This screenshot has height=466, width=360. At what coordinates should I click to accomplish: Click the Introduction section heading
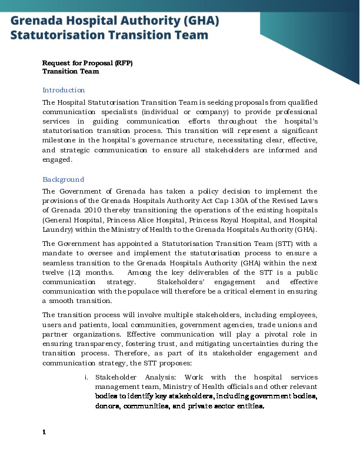64,90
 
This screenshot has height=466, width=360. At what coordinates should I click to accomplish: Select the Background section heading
63,179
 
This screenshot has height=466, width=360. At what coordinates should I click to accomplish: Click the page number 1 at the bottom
44,432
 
